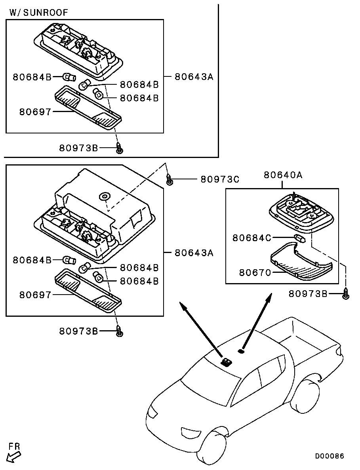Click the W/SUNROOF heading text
38,12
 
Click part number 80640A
283,175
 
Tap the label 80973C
220,179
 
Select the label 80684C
251,238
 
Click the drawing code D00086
330,456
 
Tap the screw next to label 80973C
170,181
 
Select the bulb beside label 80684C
300,238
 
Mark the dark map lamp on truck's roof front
226,362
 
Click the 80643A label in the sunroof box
194,76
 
